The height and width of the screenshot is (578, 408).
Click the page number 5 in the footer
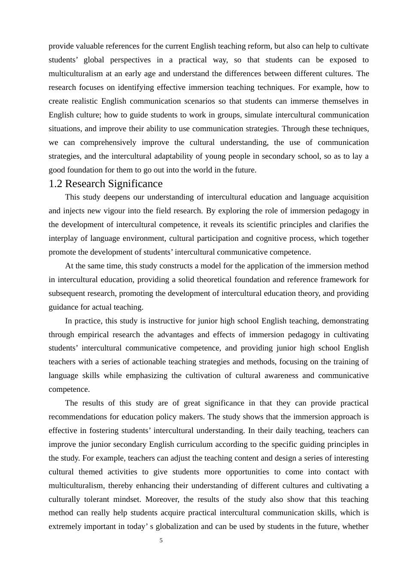(x=161, y=541)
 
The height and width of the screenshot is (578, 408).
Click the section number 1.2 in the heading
(x=55, y=184)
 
